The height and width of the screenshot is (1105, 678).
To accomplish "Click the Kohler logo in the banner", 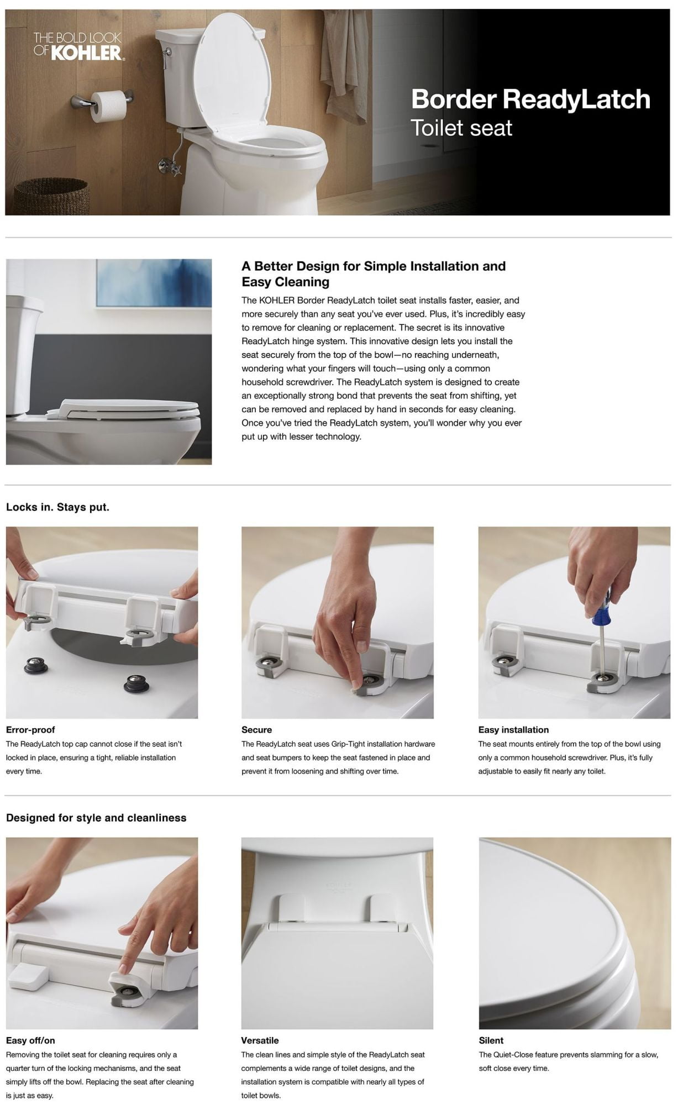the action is tap(78, 46).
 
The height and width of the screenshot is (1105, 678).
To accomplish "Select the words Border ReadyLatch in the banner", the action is tap(530, 99).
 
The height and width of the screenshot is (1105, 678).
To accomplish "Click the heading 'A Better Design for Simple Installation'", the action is tap(374, 266).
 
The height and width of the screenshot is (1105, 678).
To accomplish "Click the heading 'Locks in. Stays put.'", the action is tap(57, 507).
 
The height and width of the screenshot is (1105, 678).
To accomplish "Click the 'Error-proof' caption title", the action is tap(30, 730).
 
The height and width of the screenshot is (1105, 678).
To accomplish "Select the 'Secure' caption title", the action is tap(256, 730).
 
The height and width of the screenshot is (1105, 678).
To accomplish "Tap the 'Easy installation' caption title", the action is tap(513, 730).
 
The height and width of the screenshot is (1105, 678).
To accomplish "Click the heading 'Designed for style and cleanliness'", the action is tap(96, 818).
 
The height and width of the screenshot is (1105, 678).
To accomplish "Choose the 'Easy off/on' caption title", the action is tap(30, 1040).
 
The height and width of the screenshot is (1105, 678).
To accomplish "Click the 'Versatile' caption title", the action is tap(260, 1040).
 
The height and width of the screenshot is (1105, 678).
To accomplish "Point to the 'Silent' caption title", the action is tap(491, 1040).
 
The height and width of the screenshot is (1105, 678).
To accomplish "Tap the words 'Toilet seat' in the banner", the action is tap(461, 128).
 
